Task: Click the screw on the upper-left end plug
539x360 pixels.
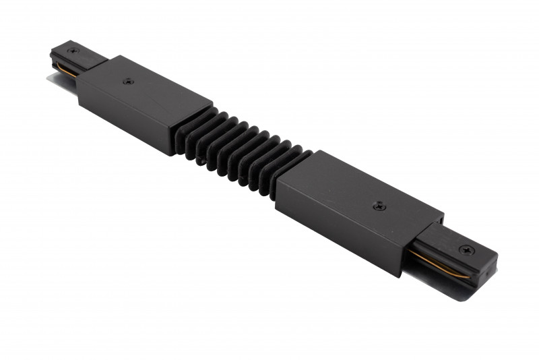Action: tap(72, 51)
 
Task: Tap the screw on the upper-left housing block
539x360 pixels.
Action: tap(128, 82)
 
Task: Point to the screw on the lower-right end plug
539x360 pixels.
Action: tap(464, 249)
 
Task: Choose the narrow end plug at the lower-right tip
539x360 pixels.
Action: tap(458, 253)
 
